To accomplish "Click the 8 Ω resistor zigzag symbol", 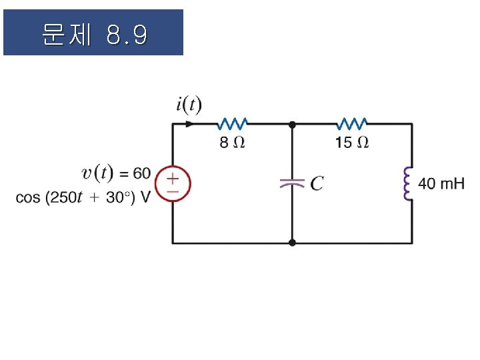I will [233, 123].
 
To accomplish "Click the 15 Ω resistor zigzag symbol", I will [352, 123].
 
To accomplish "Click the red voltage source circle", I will [173, 183].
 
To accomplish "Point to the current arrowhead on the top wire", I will [191, 123].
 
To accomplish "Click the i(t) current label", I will [189, 105].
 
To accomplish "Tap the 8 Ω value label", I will [232, 142].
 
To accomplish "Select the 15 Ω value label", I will [352, 142].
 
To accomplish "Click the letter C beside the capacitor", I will [317, 183].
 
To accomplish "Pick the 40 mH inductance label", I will [441, 183].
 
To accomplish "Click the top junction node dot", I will [292, 124].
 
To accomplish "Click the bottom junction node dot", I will [292, 243].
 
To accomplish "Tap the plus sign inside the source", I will [173, 178].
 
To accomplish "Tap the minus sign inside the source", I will [173, 190].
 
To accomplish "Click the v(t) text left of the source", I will [97, 173].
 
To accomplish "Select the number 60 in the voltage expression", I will [141, 173].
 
